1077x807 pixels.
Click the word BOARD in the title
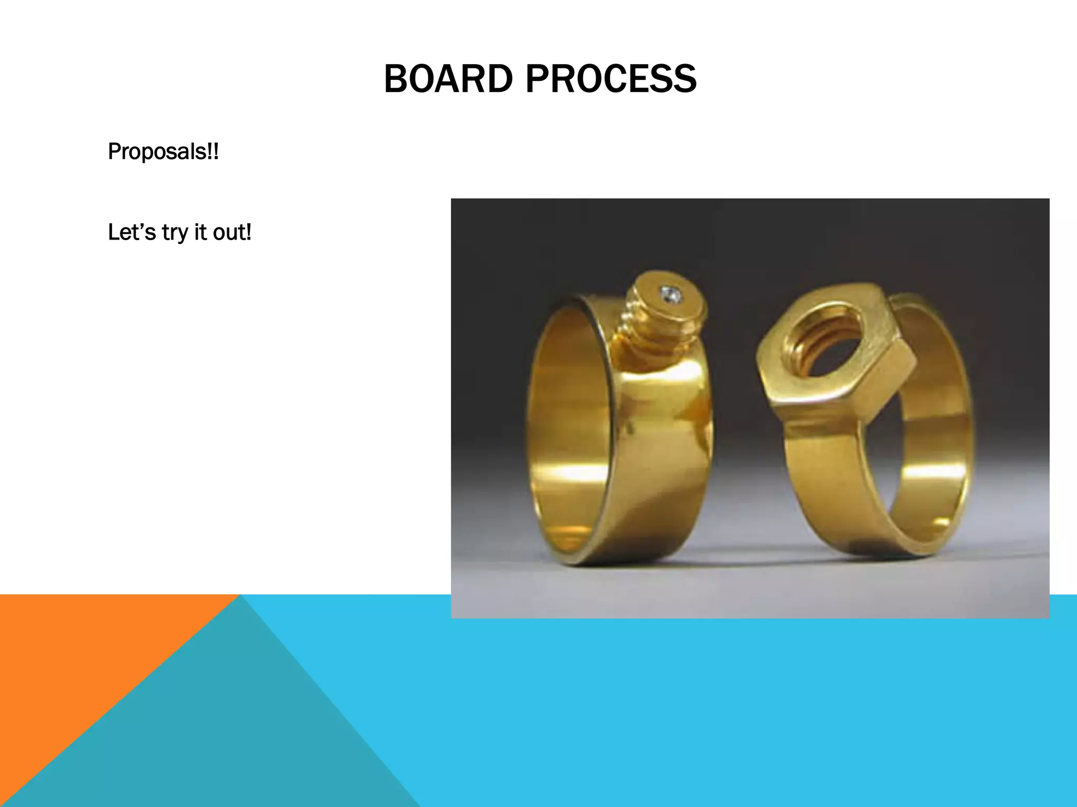448,79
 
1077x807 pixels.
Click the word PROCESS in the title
611,79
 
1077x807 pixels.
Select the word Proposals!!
163,152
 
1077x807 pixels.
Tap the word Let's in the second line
131,232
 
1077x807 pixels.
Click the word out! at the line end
232,232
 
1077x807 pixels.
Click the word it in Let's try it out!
200,232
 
